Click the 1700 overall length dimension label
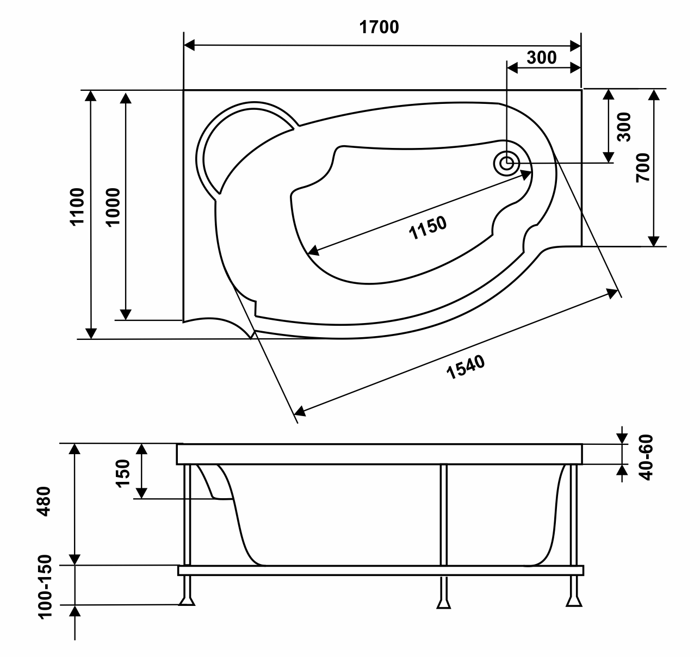(379, 27)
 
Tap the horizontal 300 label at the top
(542, 58)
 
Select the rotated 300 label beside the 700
(624, 127)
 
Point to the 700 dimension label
(643, 168)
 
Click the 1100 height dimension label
(78, 207)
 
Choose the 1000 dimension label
(113, 207)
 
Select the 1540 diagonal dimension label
(466, 367)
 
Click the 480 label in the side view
(44, 501)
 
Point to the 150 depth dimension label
(123, 474)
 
